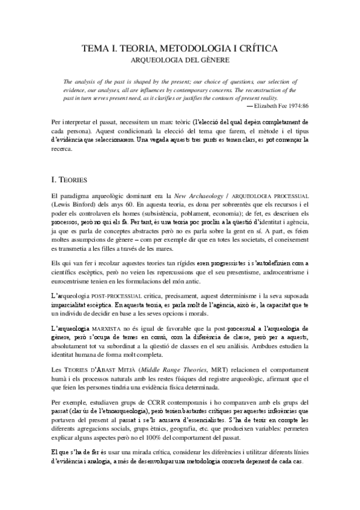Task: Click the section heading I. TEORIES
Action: tap(71, 179)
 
